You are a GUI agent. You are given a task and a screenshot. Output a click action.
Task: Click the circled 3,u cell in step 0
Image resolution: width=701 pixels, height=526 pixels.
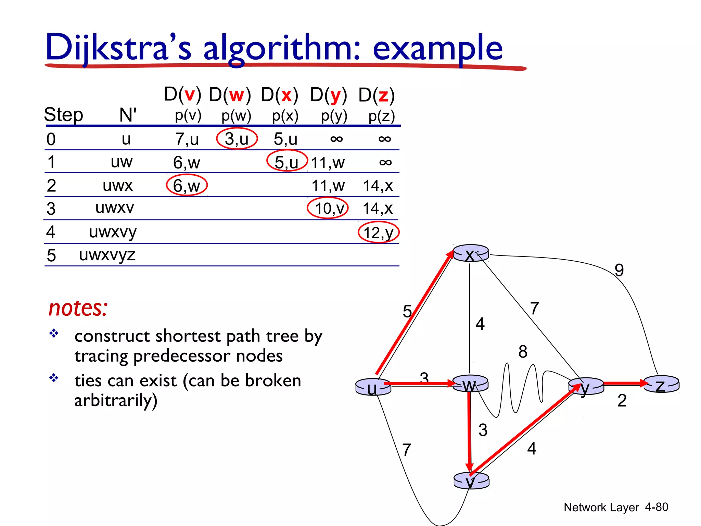pyautogui.click(x=237, y=139)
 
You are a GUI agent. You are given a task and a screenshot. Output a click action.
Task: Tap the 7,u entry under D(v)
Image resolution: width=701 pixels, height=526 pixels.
pyautogui.click(x=187, y=139)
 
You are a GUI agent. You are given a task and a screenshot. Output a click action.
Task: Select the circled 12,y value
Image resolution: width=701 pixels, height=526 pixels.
pyautogui.click(x=379, y=233)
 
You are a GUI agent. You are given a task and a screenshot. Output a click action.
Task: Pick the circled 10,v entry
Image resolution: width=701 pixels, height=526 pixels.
pyautogui.click(x=328, y=208)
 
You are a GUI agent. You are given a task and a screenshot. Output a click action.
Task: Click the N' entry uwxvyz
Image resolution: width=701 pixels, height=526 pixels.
pyautogui.click(x=107, y=255)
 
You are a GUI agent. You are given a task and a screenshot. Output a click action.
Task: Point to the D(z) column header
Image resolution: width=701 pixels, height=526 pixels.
pyautogui.click(x=377, y=95)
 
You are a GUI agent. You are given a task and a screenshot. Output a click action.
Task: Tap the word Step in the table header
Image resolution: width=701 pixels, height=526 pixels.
pyautogui.click(x=64, y=114)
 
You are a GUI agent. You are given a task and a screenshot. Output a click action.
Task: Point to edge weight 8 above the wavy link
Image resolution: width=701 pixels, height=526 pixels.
pyautogui.click(x=523, y=352)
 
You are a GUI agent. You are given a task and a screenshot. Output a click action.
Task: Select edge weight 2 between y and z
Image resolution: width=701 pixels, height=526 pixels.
pyautogui.click(x=622, y=401)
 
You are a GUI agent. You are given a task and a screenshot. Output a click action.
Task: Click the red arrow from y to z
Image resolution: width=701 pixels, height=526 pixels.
pyautogui.click(x=625, y=383)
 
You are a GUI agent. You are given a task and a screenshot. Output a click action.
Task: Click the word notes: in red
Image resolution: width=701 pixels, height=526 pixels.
pyautogui.click(x=78, y=308)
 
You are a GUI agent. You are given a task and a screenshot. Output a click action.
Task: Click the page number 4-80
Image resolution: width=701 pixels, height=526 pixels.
pyautogui.click(x=656, y=507)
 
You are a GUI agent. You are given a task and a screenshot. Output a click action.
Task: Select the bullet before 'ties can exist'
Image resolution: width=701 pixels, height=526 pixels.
pyautogui.click(x=54, y=378)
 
